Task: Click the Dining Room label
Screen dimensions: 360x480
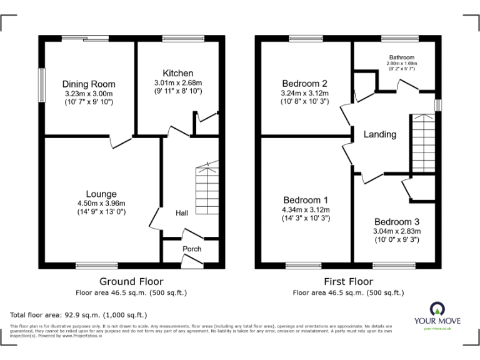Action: pos(89,84)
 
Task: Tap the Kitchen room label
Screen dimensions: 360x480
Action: pos(178,73)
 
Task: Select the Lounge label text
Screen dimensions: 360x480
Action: pos(101,194)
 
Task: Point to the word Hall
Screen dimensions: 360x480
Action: pos(182,213)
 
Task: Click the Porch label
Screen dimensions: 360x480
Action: pos(192,249)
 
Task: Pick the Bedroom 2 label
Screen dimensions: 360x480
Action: pos(304,84)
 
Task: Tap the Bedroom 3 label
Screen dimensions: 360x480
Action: pos(397,222)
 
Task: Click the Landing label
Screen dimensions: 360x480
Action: pos(379,134)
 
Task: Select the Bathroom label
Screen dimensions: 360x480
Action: pos(401,56)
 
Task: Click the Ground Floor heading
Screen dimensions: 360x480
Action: pos(131,281)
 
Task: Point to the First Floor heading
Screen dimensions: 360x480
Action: pos(348,281)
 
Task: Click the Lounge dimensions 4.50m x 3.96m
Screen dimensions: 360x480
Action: pos(101,203)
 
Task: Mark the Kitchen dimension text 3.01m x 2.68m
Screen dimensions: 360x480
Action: pos(178,82)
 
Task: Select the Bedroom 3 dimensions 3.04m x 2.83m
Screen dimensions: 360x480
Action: pos(397,231)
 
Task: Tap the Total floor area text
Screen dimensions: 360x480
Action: pos(79,315)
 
